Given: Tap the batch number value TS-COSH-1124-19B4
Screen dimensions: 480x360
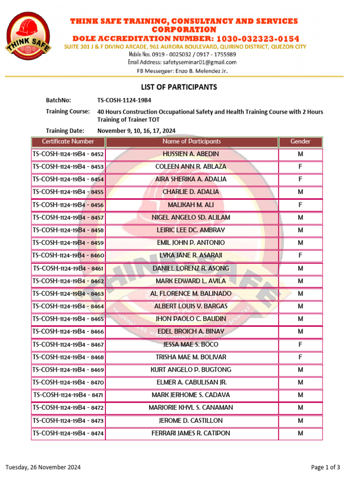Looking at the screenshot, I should (124, 100).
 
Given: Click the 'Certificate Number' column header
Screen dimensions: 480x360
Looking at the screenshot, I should (68, 142).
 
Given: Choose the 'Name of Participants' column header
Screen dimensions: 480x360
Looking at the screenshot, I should (191, 142).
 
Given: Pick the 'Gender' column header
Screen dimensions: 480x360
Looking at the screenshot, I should (300, 142).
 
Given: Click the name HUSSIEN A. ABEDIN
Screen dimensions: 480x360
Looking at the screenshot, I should (191, 154).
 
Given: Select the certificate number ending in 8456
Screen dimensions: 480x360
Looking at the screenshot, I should (68, 205).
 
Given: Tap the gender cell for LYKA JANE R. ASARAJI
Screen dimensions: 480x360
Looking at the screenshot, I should (300, 255).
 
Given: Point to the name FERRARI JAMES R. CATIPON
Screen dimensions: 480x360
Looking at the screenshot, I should (191, 433).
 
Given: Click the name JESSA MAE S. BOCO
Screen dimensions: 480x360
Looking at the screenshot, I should (191, 345).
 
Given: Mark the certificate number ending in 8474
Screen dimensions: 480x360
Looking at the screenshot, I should (68, 434).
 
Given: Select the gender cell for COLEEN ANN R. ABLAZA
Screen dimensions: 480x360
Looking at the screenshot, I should (300, 167).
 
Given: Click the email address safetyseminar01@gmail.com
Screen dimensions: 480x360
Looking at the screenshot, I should (199, 62).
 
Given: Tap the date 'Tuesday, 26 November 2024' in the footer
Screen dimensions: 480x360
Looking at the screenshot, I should (43, 467).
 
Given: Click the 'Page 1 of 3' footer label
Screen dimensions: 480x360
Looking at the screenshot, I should (326, 467).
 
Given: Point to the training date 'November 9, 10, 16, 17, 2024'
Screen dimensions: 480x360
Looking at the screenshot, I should (136, 131).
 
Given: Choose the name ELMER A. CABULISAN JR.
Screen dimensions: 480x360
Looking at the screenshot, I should (191, 382).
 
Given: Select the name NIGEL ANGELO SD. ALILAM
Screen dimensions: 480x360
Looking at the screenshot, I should (191, 217).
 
